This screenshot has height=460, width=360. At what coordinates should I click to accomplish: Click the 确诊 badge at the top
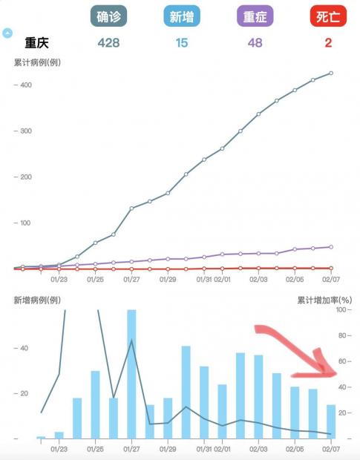click(x=108, y=16)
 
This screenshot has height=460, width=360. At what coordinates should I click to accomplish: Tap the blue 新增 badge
click(x=182, y=16)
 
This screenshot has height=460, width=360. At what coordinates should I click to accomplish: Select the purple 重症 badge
click(x=255, y=16)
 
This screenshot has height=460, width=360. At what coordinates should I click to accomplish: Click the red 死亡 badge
click(x=328, y=16)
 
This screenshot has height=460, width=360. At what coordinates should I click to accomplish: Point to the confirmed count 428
click(x=108, y=43)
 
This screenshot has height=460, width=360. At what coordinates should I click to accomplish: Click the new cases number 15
click(x=182, y=43)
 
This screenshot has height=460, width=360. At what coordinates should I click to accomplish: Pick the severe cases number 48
click(x=255, y=43)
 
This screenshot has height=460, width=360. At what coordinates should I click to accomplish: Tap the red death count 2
click(x=328, y=43)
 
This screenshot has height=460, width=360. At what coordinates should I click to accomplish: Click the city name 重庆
click(x=36, y=43)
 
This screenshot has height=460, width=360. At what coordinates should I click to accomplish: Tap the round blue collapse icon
click(x=7, y=33)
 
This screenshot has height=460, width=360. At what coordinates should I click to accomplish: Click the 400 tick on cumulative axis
click(x=26, y=85)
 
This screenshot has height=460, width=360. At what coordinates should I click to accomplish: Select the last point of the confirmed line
click(x=331, y=73)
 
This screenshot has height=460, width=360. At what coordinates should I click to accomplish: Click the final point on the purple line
click(x=331, y=247)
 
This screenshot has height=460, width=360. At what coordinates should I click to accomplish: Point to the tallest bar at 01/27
click(x=131, y=374)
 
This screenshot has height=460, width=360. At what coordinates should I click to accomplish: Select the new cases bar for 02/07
click(x=331, y=421)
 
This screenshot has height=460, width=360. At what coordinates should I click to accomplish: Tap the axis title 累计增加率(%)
click(x=324, y=300)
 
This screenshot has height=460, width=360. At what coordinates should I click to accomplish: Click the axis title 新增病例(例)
click(x=37, y=300)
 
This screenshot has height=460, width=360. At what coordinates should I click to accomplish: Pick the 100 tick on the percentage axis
click(x=341, y=309)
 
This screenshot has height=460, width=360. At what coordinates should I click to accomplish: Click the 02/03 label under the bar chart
click(x=258, y=449)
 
